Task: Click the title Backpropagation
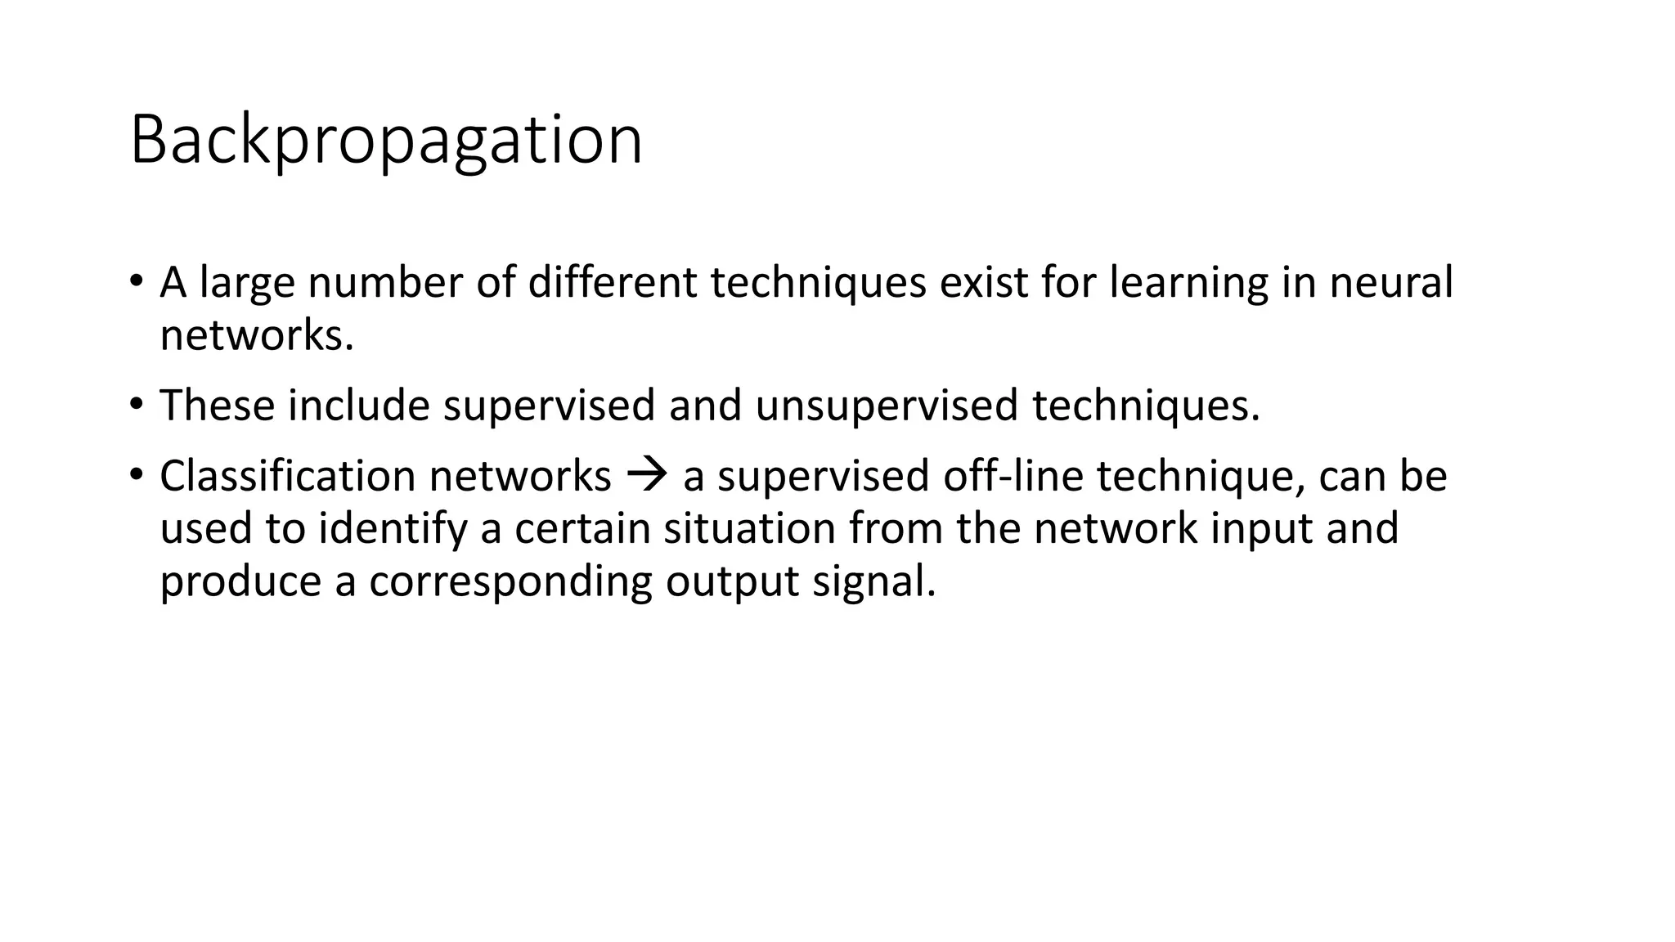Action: click(386, 141)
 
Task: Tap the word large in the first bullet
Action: click(247, 283)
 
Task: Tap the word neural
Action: click(1391, 283)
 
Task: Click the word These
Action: click(217, 406)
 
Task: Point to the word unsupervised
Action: click(886, 406)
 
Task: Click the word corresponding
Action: click(510, 581)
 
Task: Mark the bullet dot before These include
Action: click(136, 403)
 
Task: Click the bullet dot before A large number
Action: click(136, 280)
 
